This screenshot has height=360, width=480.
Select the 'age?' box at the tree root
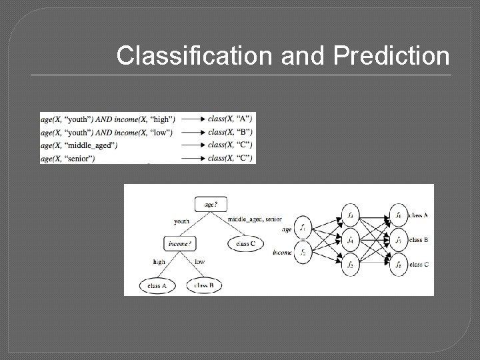(x=210, y=205)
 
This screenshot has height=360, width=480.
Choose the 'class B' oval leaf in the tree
(x=203, y=285)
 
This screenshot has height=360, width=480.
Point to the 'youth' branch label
(x=181, y=221)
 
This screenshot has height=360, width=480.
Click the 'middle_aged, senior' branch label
(x=255, y=219)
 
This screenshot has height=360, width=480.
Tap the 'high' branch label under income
(x=159, y=262)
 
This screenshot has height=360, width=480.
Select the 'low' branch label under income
(x=199, y=262)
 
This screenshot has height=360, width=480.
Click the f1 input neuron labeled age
(x=303, y=228)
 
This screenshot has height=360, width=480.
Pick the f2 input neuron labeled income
(x=303, y=253)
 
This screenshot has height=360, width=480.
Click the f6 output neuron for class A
(x=397, y=215)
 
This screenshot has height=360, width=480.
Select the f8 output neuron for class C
(x=397, y=264)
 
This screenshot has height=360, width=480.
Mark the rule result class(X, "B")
(x=230, y=132)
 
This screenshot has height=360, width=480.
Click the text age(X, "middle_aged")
(x=79, y=145)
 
